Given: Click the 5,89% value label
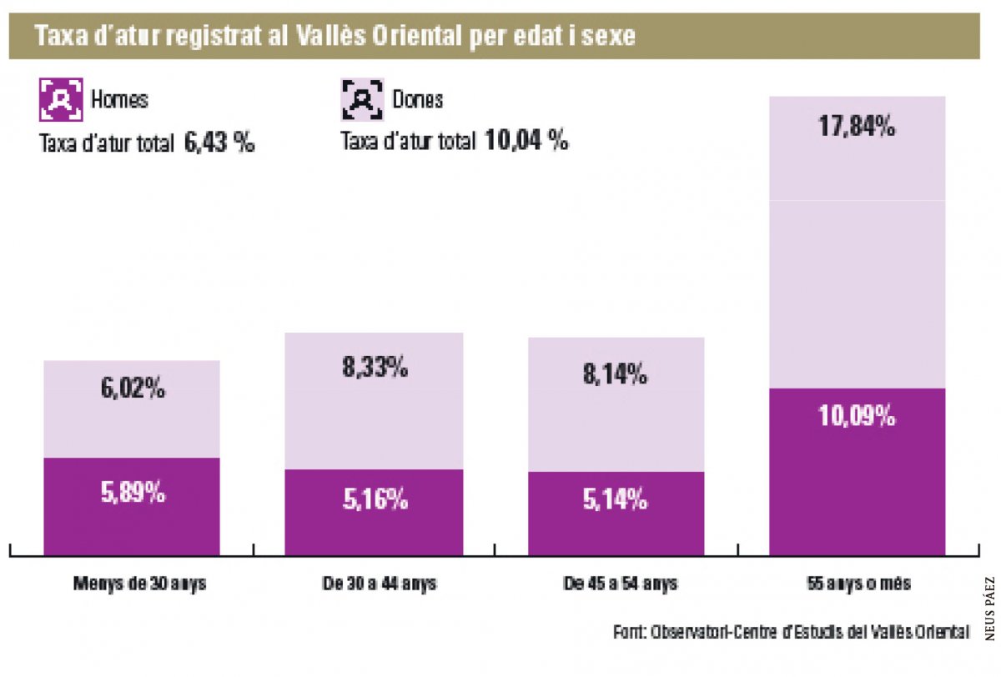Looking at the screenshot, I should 133,493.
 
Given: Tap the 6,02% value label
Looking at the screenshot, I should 133,388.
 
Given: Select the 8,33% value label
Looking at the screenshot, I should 374,367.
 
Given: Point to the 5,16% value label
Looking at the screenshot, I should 374,500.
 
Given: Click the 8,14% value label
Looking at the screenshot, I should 615,374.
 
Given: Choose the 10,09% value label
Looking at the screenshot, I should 858,415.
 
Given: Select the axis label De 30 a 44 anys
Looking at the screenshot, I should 379,584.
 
